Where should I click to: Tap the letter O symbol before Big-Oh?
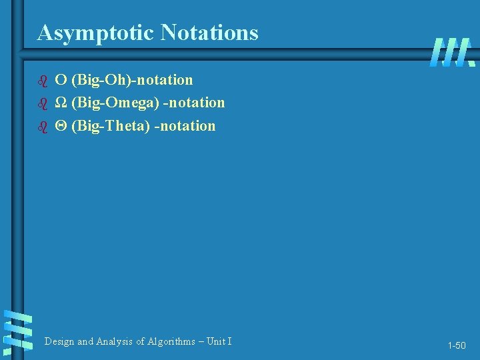click(60, 81)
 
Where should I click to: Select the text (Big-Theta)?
click(110, 126)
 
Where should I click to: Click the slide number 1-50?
click(457, 346)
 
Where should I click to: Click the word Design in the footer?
click(59, 341)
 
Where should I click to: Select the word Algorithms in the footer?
click(167, 341)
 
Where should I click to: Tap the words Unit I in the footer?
click(219, 341)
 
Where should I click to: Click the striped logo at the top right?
click(453, 52)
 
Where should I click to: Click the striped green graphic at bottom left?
click(18, 331)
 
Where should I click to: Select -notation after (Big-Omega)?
click(194, 103)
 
